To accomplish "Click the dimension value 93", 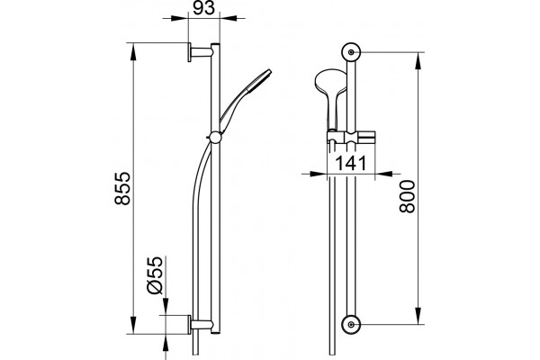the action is point(203,8).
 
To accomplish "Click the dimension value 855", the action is point(123,189).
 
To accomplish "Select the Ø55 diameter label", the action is point(154,275).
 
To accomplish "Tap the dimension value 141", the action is point(351,163).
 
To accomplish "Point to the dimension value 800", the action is point(408,196).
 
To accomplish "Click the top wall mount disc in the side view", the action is point(189,52).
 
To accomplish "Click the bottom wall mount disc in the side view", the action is point(189,325).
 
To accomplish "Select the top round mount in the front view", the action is point(351,52).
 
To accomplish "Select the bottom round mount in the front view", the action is point(351,325).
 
